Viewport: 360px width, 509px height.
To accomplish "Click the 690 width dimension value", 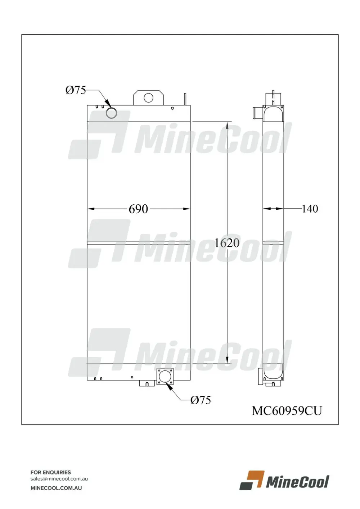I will click(138, 209).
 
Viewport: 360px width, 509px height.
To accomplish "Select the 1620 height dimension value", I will click(227, 243).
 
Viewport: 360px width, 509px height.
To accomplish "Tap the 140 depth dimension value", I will click(310, 209).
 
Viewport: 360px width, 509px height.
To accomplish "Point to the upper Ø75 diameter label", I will click(76, 90).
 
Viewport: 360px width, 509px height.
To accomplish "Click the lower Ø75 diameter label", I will click(201, 400).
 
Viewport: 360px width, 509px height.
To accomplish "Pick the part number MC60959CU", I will click(287, 411).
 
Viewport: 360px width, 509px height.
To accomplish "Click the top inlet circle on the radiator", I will click(111, 113).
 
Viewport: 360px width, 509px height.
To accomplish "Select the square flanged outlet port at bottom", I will click(165, 377).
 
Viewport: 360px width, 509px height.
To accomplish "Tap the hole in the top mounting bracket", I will click(148, 97).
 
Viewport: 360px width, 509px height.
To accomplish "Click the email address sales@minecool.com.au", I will click(59, 479).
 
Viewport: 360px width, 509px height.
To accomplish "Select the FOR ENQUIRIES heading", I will click(51, 472).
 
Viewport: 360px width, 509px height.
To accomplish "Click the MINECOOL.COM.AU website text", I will click(56, 488).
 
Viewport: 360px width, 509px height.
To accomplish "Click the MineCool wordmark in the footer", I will click(297, 482).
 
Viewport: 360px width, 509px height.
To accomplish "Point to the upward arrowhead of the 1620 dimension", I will click(227, 125).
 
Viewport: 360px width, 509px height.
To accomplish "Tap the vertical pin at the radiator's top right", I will click(185, 99).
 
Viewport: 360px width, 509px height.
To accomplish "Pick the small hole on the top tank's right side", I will click(172, 108).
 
